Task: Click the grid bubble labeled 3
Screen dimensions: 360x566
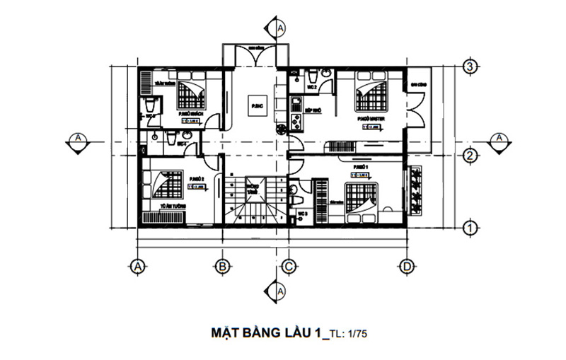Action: pyautogui.click(x=467, y=67)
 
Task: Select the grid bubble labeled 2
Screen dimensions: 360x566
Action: pyautogui.click(x=467, y=156)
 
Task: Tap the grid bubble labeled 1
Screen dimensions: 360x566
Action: pyautogui.click(x=467, y=227)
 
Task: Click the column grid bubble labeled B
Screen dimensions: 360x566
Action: pyautogui.click(x=221, y=266)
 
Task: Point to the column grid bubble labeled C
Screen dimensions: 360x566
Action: pyautogui.click(x=288, y=266)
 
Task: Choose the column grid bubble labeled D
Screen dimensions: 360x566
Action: pyautogui.click(x=406, y=266)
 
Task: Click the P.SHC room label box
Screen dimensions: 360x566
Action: pyautogui.click(x=255, y=106)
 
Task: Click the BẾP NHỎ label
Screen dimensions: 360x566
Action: pyautogui.click(x=313, y=110)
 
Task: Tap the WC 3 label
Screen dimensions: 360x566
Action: pyautogui.click(x=301, y=212)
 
